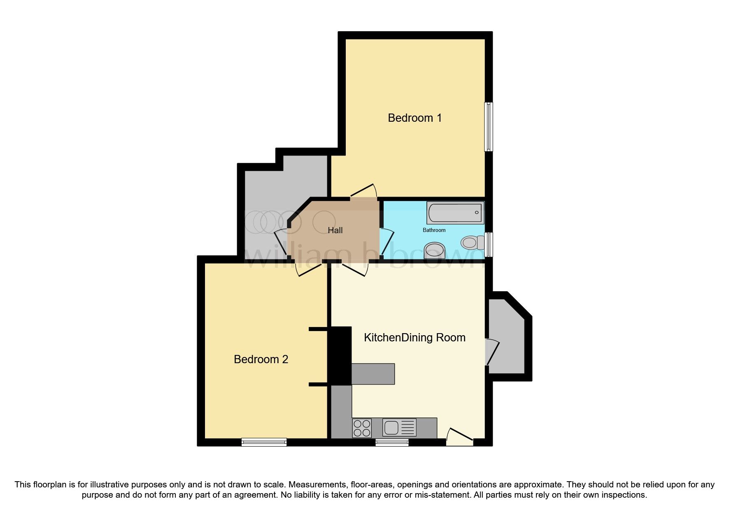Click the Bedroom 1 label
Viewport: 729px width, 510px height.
[x=415, y=118]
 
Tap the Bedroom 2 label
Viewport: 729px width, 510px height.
[x=261, y=359]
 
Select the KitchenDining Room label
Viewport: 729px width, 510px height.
[x=415, y=338]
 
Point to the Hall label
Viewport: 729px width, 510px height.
[x=335, y=230]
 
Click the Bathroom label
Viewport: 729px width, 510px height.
[x=434, y=230]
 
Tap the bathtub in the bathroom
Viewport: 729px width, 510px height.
[x=455, y=213]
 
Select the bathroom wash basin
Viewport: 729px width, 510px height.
[x=434, y=250]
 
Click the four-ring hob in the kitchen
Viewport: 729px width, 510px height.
[x=362, y=428]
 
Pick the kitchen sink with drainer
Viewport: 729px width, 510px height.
[x=399, y=427]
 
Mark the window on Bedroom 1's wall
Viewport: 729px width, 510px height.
[x=489, y=126]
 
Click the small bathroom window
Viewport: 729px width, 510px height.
[x=489, y=244]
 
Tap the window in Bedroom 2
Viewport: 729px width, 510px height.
[x=264, y=442]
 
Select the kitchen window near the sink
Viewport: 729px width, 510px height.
[x=392, y=442]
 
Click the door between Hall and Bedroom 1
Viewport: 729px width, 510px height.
[x=364, y=192]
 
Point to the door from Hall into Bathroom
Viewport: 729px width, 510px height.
[x=386, y=243]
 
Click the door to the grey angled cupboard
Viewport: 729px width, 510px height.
[x=492, y=352]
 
